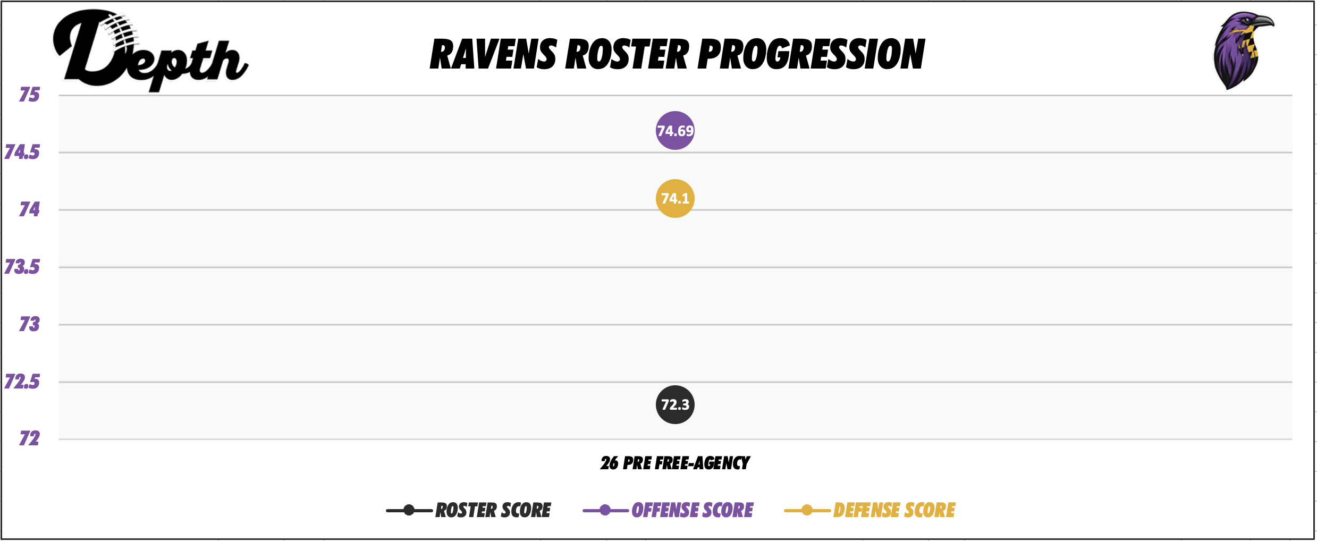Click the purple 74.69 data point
tap(675, 131)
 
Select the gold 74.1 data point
tap(675, 199)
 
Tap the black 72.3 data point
tap(675, 405)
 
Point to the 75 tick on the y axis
tap(30, 95)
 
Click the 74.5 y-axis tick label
tap(22, 153)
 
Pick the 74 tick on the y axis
tap(30, 209)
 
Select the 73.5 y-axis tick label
tap(22, 267)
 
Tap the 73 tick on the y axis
tap(30, 324)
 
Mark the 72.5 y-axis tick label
tap(22, 382)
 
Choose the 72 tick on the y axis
tap(30, 438)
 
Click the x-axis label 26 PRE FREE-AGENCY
tap(675, 463)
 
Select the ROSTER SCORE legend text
tap(493, 510)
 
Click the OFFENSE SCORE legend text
tap(692, 510)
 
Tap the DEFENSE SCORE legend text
tap(894, 510)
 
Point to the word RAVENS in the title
tap(493, 55)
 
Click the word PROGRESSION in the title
tap(811, 55)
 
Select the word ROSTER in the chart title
tap(627, 55)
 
